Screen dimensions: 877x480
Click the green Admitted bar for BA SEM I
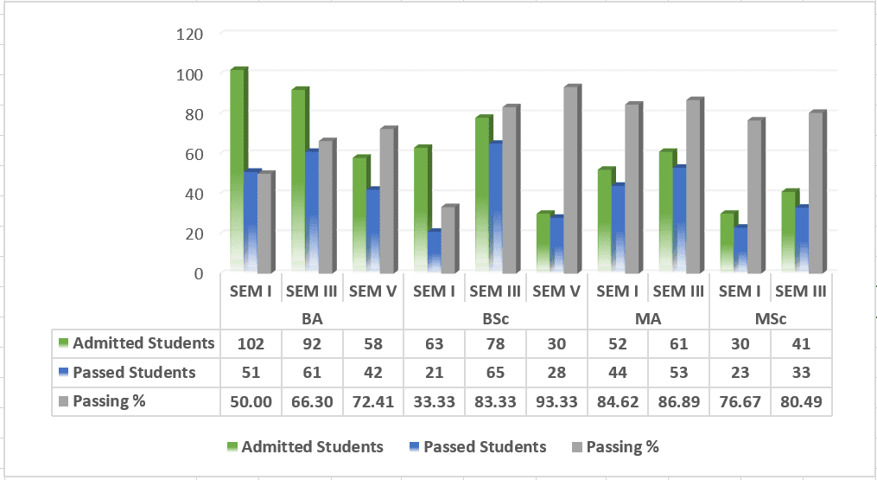point(237,170)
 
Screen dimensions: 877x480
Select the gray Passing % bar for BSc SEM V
point(571,180)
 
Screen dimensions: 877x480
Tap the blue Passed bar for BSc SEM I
point(434,252)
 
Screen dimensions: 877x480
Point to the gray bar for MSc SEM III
point(816,193)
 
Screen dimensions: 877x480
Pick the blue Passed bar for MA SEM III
point(678,220)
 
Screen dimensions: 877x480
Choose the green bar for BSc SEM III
point(482,195)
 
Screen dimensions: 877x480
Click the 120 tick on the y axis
point(189,35)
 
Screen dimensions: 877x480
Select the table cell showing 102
point(251,343)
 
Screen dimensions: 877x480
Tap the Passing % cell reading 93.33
point(556,401)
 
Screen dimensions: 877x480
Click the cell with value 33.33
point(434,401)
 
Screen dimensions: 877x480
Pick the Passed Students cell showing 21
point(434,373)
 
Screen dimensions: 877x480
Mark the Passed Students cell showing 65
point(496,373)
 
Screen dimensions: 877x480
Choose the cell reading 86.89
point(679,401)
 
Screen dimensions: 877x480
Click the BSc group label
point(496,318)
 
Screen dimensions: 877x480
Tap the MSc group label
point(771,318)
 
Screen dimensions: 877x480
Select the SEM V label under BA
point(373,291)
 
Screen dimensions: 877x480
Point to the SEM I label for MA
point(618,291)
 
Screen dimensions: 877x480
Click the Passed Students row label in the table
point(134,373)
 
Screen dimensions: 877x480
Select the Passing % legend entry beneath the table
point(616,447)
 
